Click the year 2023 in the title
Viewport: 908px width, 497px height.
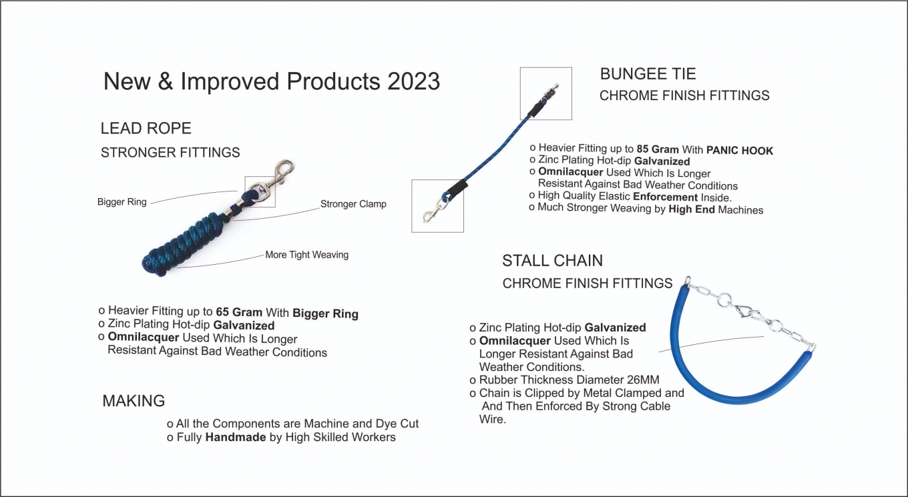pos(413,81)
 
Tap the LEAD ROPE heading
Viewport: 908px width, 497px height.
pos(146,128)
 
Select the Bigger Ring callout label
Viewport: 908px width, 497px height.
pos(122,201)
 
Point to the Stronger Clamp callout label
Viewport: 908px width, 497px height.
pos(353,203)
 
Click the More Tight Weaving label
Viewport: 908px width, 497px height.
pos(307,255)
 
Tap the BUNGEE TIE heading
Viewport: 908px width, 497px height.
pos(648,74)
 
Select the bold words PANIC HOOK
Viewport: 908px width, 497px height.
pos(740,151)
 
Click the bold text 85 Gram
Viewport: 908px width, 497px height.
pos(658,149)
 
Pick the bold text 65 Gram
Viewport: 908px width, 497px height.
pos(239,312)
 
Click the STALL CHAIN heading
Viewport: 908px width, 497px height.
pos(553,260)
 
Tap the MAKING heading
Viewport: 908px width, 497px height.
pos(134,401)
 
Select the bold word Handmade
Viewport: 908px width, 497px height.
pos(236,438)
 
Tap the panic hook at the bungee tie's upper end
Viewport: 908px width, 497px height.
pos(549,92)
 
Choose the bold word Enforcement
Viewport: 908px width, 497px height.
pos(665,197)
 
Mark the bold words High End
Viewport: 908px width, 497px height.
pos(692,209)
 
